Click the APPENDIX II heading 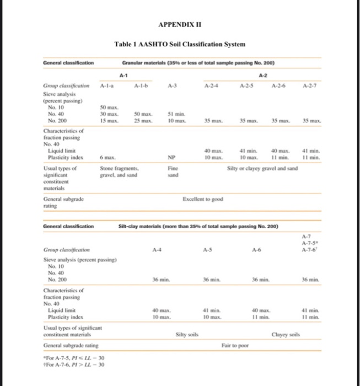[179, 25]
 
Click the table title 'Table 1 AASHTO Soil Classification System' [180, 44]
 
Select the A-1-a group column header [107, 87]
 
